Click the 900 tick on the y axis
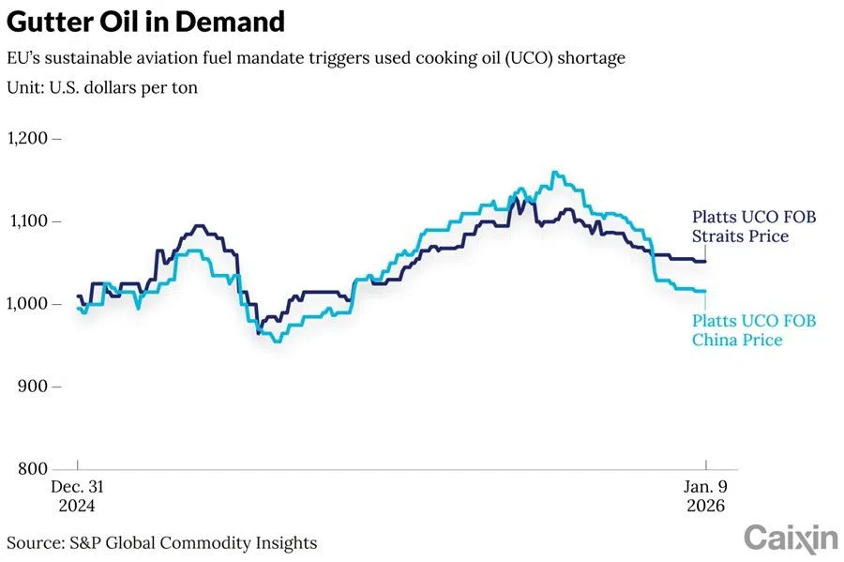(x=37, y=386)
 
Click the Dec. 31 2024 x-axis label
(x=77, y=495)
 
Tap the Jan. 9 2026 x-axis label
(x=705, y=495)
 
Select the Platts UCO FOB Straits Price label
(x=753, y=227)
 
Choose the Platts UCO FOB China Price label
(x=753, y=330)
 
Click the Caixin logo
(x=791, y=538)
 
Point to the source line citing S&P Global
(x=161, y=542)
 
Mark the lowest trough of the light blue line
(x=276, y=342)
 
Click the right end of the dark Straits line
(x=705, y=262)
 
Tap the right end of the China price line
(x=705, y=292)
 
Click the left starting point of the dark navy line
(x=77, y=296)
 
